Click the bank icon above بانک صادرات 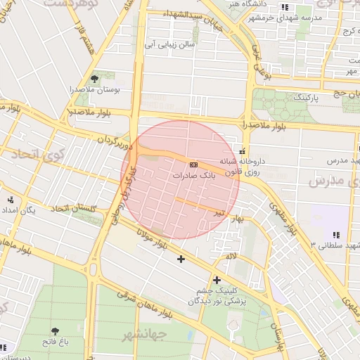[194, 164]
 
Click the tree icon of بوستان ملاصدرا [95, 79]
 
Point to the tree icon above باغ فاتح [54, 330]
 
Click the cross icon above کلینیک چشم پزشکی [217, 280]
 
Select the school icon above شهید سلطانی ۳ [336, 234]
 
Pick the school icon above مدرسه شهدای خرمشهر [285, 7]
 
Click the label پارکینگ [305, 97]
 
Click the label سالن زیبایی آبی [169, 44]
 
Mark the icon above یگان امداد [10, 198]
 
